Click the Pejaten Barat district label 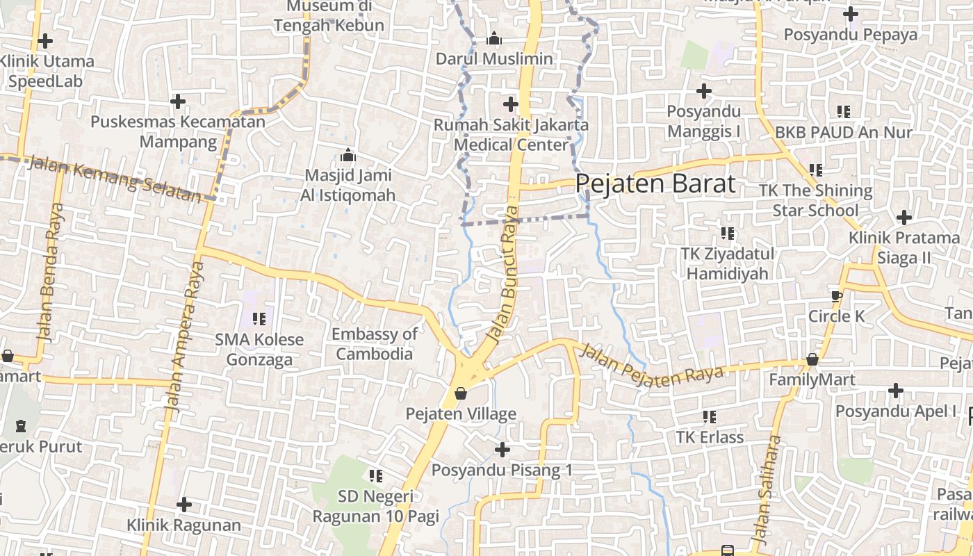[x=655, y=184]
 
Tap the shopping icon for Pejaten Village [x=460, y=394]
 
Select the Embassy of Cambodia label [x=375, y=343]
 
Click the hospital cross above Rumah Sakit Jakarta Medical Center [x=511, y=105]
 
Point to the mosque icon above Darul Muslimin [x=494, y=39]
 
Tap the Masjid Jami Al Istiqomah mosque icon [x=347, y=156]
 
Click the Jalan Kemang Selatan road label [x=115, y=180]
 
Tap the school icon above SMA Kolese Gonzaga [x=259, y=319]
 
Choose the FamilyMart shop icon [x=812, y=360]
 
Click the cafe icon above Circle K [x=836, y=296]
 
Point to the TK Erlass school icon [x=709, y=417]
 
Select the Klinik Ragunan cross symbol [x=183, y=504]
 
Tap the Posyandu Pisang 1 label [x=502, y=471]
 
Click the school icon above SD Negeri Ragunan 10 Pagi [x=376, y=476]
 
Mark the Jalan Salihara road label [x=767, y=489]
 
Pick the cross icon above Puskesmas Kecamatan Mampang [x=178, y=101]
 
